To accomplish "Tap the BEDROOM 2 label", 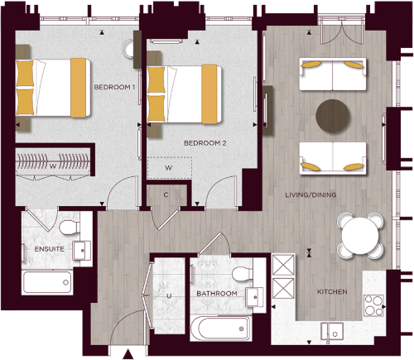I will point(205,143).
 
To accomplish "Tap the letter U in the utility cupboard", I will point(169,294).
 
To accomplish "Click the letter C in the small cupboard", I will point(166,195).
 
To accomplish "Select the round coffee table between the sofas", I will point(334,115).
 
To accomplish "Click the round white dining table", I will point(363,236).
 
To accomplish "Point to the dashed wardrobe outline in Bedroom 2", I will point(169,167).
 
